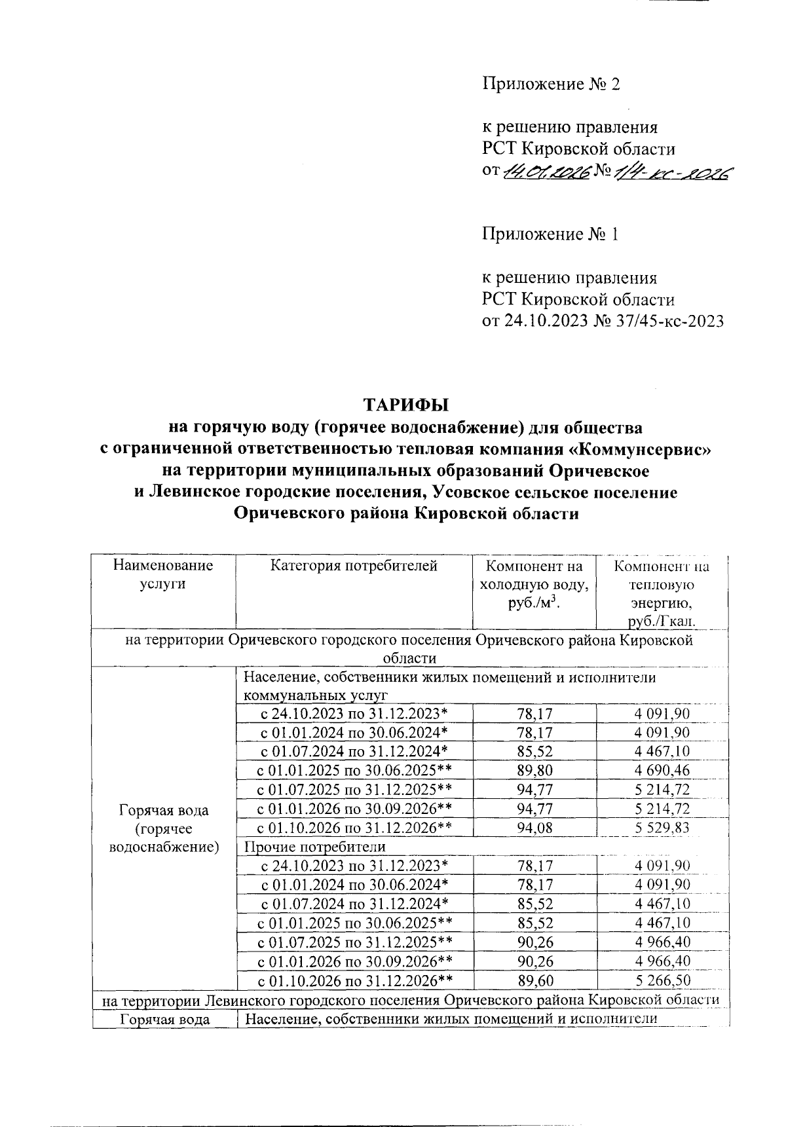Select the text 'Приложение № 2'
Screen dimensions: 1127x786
click(x=550, y=84)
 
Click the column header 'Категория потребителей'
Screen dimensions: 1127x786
click(x=354, y=566)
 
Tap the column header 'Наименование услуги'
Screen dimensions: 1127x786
click(x=163, y=574)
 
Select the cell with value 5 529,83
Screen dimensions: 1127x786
click(x=662, y=828)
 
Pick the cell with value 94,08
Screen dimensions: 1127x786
click(x=534, y=828)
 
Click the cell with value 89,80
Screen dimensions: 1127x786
click(x=534, y=770)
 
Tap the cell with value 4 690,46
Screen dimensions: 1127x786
click(x=662, y=770)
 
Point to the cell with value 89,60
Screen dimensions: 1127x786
click(x=534, y=980)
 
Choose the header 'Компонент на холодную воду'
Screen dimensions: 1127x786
click(x=534, y=584)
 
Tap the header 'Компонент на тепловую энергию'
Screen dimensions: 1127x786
click(x=662, y=593)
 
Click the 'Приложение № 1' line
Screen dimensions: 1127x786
click(x=550, y=234)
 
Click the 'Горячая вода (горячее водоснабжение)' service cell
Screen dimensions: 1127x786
click(x=163, y=828)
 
